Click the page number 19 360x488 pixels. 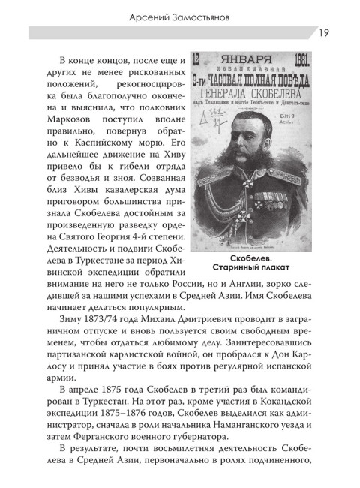(320, 32)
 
